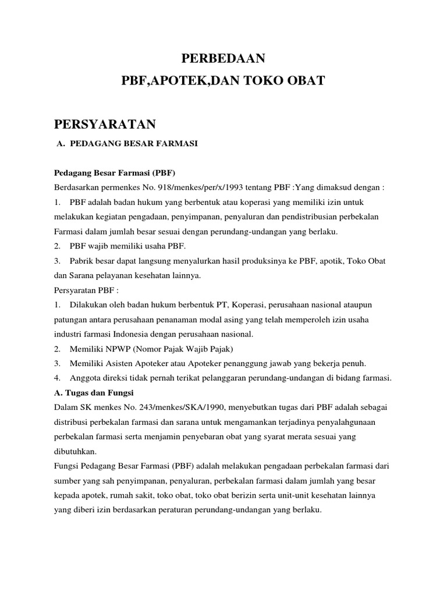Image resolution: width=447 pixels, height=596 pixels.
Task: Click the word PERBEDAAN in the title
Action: click(223, 58)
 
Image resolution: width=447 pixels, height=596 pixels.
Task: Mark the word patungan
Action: click(72, 320)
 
